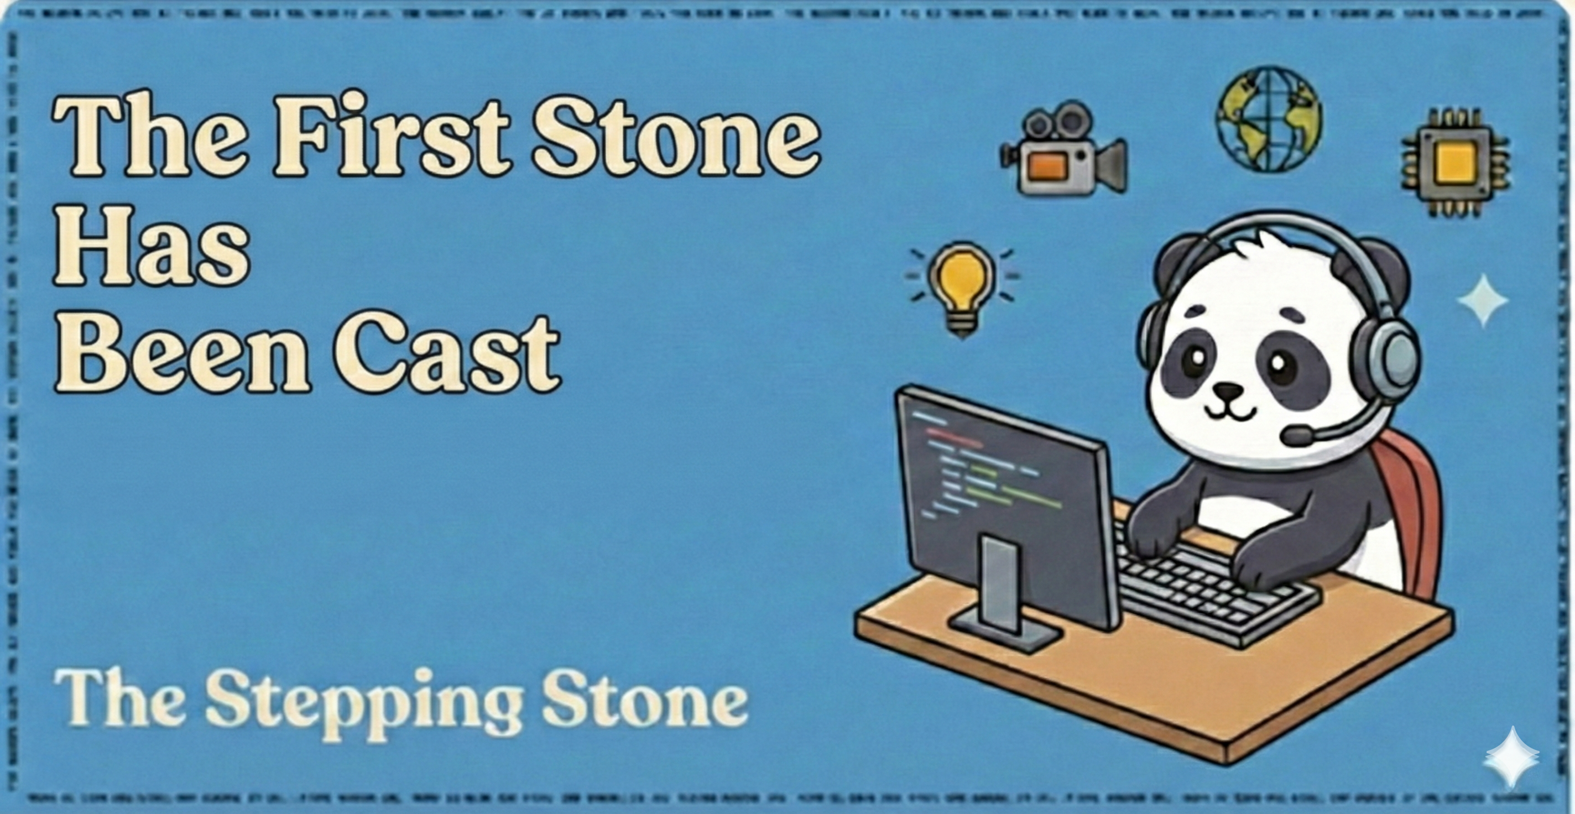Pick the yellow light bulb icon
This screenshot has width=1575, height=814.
(x=962, y=288)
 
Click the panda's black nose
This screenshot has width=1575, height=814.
(x=1228, y=389)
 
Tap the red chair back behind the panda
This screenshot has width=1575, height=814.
(x=1412, y=508)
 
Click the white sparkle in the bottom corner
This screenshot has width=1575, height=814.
(x=1510, y=758)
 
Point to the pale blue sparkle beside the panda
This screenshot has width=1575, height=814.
(x=1483, y=300)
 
